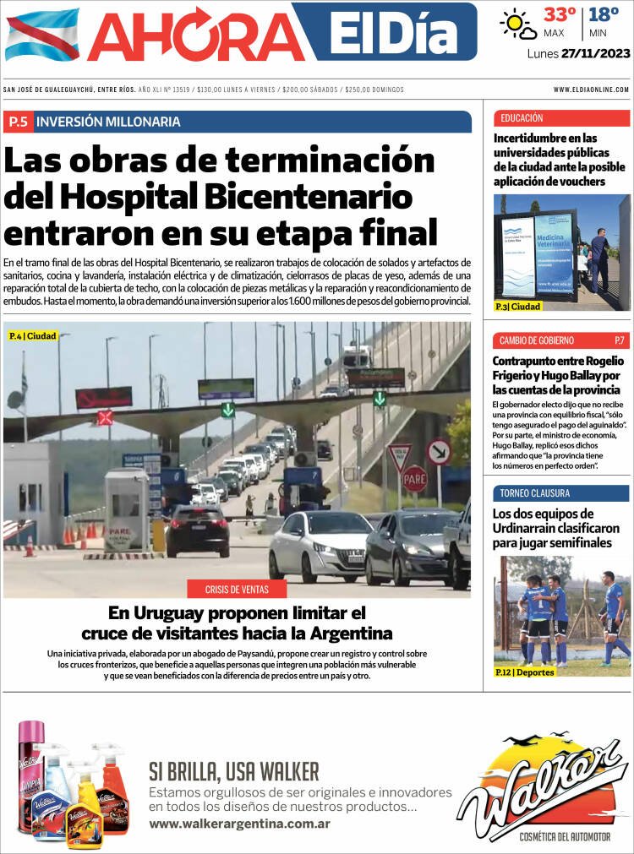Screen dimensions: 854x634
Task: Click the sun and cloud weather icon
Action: pyautogui.click(x=518, y=24)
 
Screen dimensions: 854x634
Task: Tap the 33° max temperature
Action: pyautogui.click(x=560, y=15)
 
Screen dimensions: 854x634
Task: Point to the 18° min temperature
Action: pyautogui.click(x=604, y=15)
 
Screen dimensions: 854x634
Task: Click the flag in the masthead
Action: pyautogui.click(x=41, y=34)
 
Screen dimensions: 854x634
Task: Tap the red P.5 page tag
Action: pyautogui.click(x=18, y=122)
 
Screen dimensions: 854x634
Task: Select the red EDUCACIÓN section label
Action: pyautogui.click(x=522, y=118)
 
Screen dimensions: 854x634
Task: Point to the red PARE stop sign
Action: pyautogui.click(x=414, y=479)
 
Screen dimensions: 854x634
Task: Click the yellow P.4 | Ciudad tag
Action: pyautogui.click(x=32, y=335)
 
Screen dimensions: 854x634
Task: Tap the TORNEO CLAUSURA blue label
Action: pyautogui.click(x=534, y=493)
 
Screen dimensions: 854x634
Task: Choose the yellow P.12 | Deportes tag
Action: pyautogui.click(x=525, y=672)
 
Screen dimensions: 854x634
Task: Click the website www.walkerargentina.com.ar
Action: pyautogui.click(x=239, y=824)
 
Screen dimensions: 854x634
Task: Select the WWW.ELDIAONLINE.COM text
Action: pyautogui.click(x=591, y=90)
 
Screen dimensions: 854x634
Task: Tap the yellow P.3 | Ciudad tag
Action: pyautogui.click(x=518, y=306)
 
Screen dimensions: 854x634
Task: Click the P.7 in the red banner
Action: pyautogui.click(x=620, y=340)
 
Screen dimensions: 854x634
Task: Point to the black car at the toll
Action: pyautogui.click(x=197, y=530)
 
